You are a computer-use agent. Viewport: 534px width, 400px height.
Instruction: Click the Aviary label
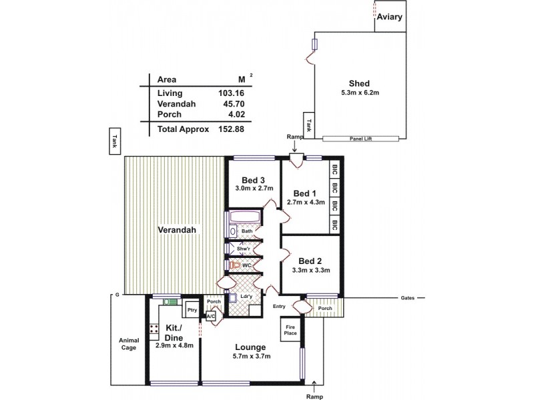(389, 17)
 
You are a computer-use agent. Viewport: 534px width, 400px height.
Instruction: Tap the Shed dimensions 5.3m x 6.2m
(360, 93)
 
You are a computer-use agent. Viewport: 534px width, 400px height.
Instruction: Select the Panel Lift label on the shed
(360, 139)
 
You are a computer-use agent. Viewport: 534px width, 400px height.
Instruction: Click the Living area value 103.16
(230, 93)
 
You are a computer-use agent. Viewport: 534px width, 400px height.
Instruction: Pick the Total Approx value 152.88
(230, 129)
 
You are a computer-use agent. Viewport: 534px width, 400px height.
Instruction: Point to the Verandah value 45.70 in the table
(230, 105)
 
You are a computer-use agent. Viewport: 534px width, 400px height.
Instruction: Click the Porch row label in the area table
(169, 115)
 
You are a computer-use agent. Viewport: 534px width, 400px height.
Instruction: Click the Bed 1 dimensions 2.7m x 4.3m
(305, 202)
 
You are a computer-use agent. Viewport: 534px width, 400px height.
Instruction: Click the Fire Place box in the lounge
(290, 329)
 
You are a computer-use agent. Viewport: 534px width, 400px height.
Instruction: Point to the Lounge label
(250, 347)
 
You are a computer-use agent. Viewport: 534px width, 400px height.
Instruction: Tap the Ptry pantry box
(191, 310)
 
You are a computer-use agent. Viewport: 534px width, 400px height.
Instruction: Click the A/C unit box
(210, 317)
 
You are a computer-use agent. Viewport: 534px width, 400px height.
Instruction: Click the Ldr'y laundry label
(247, 296)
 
